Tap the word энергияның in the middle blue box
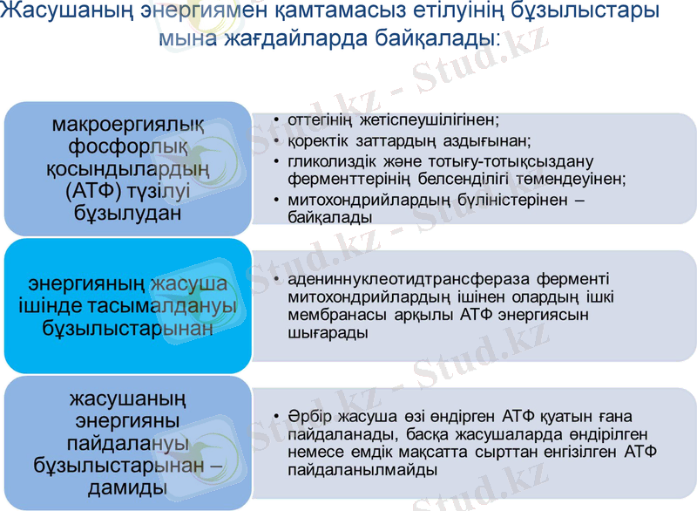click(86, 284)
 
